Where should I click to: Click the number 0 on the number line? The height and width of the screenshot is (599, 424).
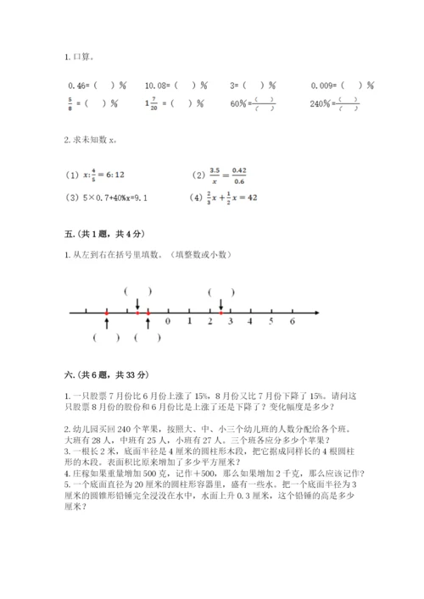click(x=168, y=322)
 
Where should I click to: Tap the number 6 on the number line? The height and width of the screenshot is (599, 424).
click(x=292, y=322)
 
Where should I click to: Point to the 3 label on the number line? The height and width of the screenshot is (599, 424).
click(x=230, y=322)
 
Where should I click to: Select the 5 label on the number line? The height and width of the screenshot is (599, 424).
click(x=271, y=322)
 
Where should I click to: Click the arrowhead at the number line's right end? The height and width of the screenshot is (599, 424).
click(x=315, y=312)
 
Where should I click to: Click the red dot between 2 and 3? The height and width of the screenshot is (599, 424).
click(x=220, y=312)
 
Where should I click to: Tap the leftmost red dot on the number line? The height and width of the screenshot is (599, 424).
click(x=107, y=312)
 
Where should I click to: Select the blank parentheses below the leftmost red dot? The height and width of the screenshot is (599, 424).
click(x=107, y=337)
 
